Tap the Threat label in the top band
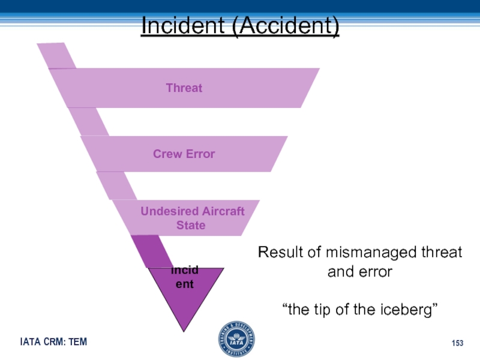[184, 88]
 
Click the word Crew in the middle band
[167, 154]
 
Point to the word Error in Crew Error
[200, 154]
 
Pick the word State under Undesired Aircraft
[191, 226]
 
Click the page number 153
[458, 343]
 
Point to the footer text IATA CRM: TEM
[53, 342]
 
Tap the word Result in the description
[280, 253]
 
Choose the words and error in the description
[360, 272]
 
